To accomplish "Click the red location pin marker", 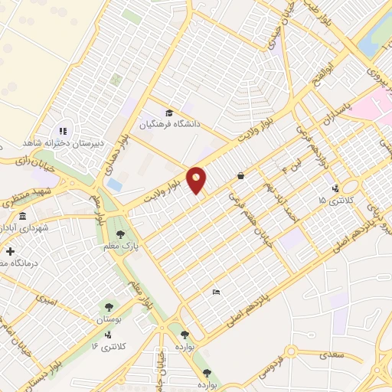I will coord(197,180).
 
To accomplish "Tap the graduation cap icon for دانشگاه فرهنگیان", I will coord(169,113).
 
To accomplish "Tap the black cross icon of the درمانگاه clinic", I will coord(9,250).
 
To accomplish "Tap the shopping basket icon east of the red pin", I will coord(240,175).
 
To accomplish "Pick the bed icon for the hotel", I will coord(216,292).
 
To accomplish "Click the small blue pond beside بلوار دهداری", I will coord(114,185).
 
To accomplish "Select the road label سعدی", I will coord(332,354).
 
